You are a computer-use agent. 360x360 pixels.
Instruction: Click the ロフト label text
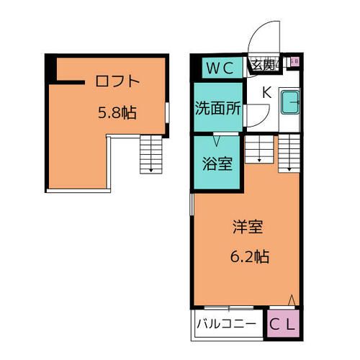tap(116, 81)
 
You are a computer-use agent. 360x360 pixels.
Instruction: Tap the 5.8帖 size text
tap(118, 112)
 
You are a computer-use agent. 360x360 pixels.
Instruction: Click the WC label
tap(219, 68)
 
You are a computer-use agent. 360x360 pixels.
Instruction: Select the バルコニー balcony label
tap(226, 324)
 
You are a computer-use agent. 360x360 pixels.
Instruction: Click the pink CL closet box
tap(282, 324)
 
